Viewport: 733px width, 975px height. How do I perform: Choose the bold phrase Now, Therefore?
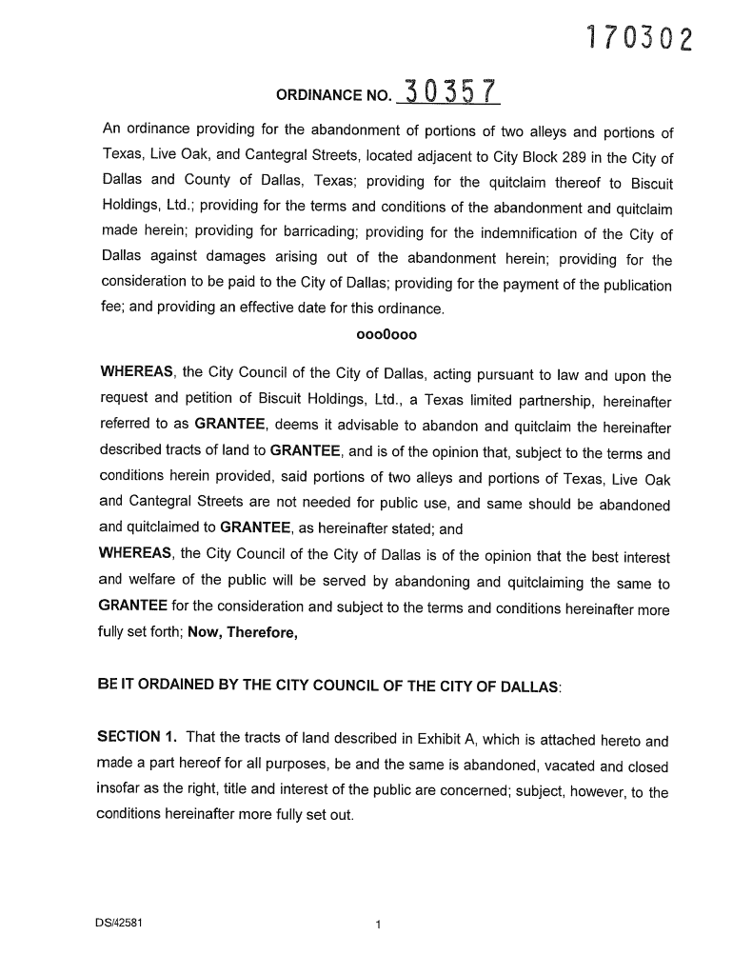tap(242, 632)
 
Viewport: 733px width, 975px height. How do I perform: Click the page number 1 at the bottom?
tap(378, 925)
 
